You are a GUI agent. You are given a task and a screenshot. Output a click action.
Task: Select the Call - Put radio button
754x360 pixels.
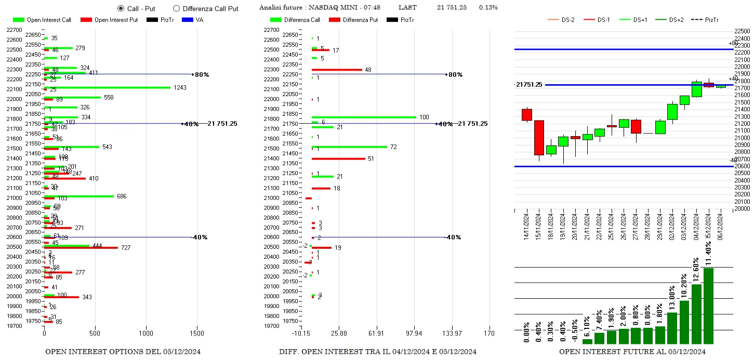[121, 8]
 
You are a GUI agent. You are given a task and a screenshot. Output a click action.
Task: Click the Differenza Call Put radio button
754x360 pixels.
[176, 8]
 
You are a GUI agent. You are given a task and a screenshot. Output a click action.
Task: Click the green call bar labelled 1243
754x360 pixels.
[107, 87]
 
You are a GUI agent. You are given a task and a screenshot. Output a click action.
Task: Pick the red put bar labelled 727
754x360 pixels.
[81, 248]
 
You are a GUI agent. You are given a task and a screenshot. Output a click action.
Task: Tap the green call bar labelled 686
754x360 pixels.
[78, 196]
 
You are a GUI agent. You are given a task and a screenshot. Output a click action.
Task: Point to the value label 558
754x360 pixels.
[109, 97]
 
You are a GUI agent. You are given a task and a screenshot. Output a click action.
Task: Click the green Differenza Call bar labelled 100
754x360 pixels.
[364, 117]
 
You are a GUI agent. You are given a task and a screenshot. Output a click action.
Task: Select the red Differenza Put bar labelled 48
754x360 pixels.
[337, 70]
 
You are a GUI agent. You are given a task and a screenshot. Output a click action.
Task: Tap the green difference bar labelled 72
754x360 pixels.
[349, 146]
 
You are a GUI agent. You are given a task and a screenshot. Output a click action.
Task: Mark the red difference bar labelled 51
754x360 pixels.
[338, 158]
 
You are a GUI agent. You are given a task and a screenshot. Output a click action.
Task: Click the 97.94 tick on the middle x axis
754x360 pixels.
[414, 333]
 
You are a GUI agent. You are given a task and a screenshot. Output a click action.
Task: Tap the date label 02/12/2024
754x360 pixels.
[673, 226]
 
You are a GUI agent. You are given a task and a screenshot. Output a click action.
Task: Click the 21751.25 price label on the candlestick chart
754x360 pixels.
[529, 85]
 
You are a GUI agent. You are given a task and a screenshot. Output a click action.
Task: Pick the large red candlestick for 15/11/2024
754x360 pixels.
[539, 138]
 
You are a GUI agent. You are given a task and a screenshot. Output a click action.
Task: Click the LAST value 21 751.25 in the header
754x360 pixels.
[452, 7]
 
